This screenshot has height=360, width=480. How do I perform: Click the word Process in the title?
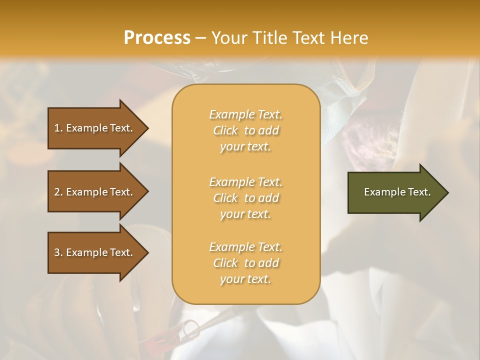pos(157,38)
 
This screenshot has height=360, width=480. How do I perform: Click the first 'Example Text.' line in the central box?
pos(245,114)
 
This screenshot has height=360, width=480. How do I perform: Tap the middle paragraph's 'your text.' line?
pos(245,214)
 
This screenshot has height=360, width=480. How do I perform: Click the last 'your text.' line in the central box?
pos(245,279)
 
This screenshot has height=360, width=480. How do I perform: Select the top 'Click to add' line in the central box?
pos(245,130)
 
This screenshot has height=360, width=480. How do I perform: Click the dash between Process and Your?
pos(201,38)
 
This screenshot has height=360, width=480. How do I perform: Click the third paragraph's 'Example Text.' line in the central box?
pos(245,247)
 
